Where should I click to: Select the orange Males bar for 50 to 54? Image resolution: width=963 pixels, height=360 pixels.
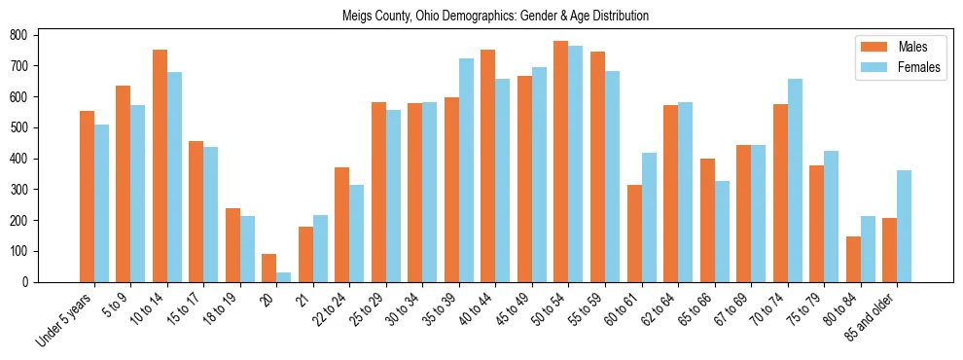coord(561,162)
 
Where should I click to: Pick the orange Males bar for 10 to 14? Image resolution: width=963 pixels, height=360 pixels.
coord(160,166)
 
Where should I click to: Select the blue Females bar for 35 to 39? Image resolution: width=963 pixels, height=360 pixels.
coord(467,170)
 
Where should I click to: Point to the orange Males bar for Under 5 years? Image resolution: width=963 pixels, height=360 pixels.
coord(87,197)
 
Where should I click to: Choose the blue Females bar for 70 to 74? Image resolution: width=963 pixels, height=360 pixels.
coord(795,181)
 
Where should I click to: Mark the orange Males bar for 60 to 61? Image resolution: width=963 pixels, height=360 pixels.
coord(634,234)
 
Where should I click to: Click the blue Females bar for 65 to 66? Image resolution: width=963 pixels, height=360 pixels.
coord(722,232)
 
